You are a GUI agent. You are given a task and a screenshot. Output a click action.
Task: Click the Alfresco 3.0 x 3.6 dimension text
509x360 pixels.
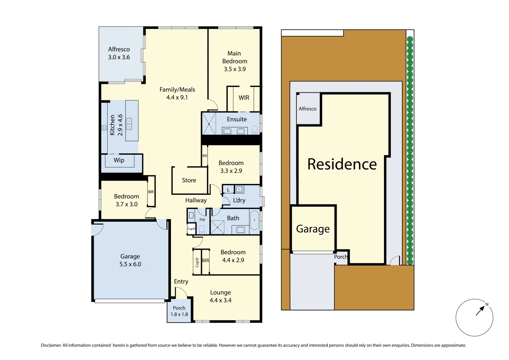point(119,57)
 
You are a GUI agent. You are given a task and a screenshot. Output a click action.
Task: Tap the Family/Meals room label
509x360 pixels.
point(177,90)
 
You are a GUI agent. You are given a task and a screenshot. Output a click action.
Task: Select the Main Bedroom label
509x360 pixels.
point(235,57)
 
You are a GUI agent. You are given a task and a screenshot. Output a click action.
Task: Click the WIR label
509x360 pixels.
point(244,98)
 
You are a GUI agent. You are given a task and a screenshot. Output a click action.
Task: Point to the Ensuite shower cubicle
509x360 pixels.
point(209,124)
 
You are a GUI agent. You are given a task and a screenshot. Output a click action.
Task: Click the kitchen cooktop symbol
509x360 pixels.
point(104,127)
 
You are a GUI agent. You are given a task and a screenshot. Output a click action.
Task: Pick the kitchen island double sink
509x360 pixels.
point(129,124)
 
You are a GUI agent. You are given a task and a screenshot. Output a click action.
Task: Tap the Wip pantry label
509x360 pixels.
point(119,160)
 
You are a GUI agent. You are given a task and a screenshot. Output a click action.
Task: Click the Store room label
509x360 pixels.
point(189,180)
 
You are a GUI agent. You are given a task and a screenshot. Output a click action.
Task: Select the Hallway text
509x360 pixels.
point(196,200)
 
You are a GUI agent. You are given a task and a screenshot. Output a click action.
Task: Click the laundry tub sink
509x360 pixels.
point(239,189)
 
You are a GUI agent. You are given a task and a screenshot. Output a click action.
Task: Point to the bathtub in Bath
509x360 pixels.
point(254,220)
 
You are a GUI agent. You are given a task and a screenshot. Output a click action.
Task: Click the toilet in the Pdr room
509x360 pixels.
point(202,229)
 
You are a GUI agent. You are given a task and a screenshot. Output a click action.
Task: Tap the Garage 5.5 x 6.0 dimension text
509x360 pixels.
point(130,264)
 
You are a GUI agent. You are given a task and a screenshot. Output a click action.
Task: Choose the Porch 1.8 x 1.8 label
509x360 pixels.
point(179,311)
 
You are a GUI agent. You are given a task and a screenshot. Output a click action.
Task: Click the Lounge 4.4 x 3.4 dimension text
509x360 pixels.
point(220,300)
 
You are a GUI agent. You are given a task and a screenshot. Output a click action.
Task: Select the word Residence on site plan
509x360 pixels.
point(342,164)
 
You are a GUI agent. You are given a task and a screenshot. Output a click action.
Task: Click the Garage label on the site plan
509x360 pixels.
point(313,229)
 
